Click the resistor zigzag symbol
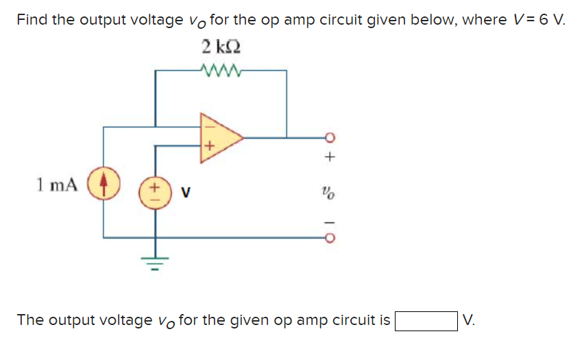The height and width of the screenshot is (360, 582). coord(221,69)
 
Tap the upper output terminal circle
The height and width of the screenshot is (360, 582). coord(329,138)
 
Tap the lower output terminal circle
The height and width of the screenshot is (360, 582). coord(329,238)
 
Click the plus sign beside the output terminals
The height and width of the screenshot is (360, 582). coord(330,158)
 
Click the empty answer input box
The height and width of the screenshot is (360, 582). coord(425,320)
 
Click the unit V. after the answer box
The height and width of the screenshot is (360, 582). coord(469,320)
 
